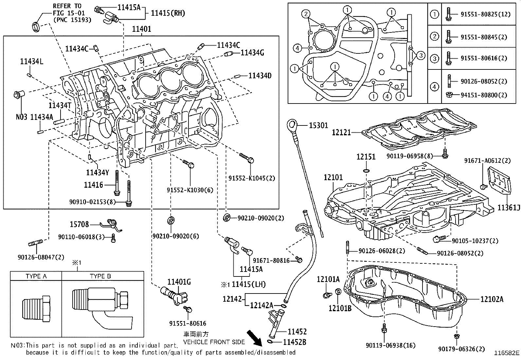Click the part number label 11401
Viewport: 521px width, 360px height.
[141, 29]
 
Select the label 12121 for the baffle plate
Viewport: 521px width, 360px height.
[341, 132]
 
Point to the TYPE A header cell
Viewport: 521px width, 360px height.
[36, 276]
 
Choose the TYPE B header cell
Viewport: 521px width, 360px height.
[100, 276]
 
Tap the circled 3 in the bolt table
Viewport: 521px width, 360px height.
[434, 59]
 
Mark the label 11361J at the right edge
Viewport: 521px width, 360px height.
[509, 208]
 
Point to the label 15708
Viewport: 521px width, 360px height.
[79, 224]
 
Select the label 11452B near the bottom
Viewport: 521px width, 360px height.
[294, 342]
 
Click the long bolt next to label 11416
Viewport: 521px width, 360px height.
[117, 182]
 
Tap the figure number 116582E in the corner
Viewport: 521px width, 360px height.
[507, 353]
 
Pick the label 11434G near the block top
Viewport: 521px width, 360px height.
[252, 52]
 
